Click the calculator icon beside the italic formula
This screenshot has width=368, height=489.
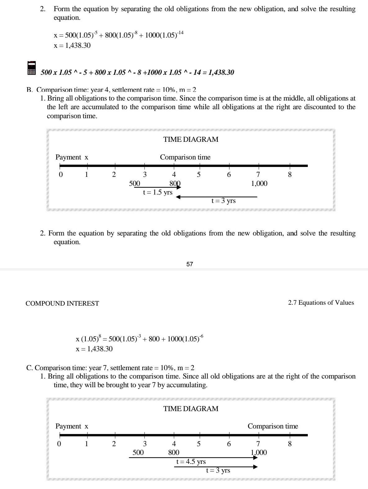pyautogui.click(x=32, y=68)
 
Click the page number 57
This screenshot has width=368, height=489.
pyautogui.click(x=190, y=264)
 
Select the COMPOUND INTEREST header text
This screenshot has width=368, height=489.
pyautogui.click(x=62, y=303)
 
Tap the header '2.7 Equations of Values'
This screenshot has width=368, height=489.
pyautogui.click(x=321, y=303)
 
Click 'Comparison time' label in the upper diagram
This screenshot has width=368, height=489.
pyautogui.click(x=185, y=157)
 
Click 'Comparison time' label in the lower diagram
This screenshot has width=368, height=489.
pyautogui.click(x=272, y=426)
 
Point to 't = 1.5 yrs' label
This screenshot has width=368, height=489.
pyautogui.click(x=158, y=192)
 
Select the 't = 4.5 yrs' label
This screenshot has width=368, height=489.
pyautogui.click(x=191, y=462)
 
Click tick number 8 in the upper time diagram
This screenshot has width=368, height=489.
pyautogui.click(x=290, y=175)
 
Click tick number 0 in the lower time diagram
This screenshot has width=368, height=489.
pyautogui.click(x=61, y=444)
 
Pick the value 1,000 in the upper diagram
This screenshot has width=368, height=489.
pyautogui.click(x=259, y=184)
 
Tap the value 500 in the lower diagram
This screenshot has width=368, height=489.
pyautogui.click(x=138, y=453)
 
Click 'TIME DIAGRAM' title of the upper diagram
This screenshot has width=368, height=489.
pyautogui.click(x=191, y=140)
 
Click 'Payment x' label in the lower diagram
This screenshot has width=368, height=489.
pyautogui.click(x=72, y=426)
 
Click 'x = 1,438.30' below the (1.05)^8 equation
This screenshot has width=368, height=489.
pyautogui.click(x=94, y=349)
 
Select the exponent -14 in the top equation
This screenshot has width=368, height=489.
pyautogui.click(x=180, y=32)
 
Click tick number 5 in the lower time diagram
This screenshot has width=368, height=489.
pyautogui.click(x=199, y=444)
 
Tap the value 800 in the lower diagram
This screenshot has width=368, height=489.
pyautogui.click(x=174, y=453)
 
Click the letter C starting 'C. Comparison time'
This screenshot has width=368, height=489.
pyautogui.click(x=29, y=368)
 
